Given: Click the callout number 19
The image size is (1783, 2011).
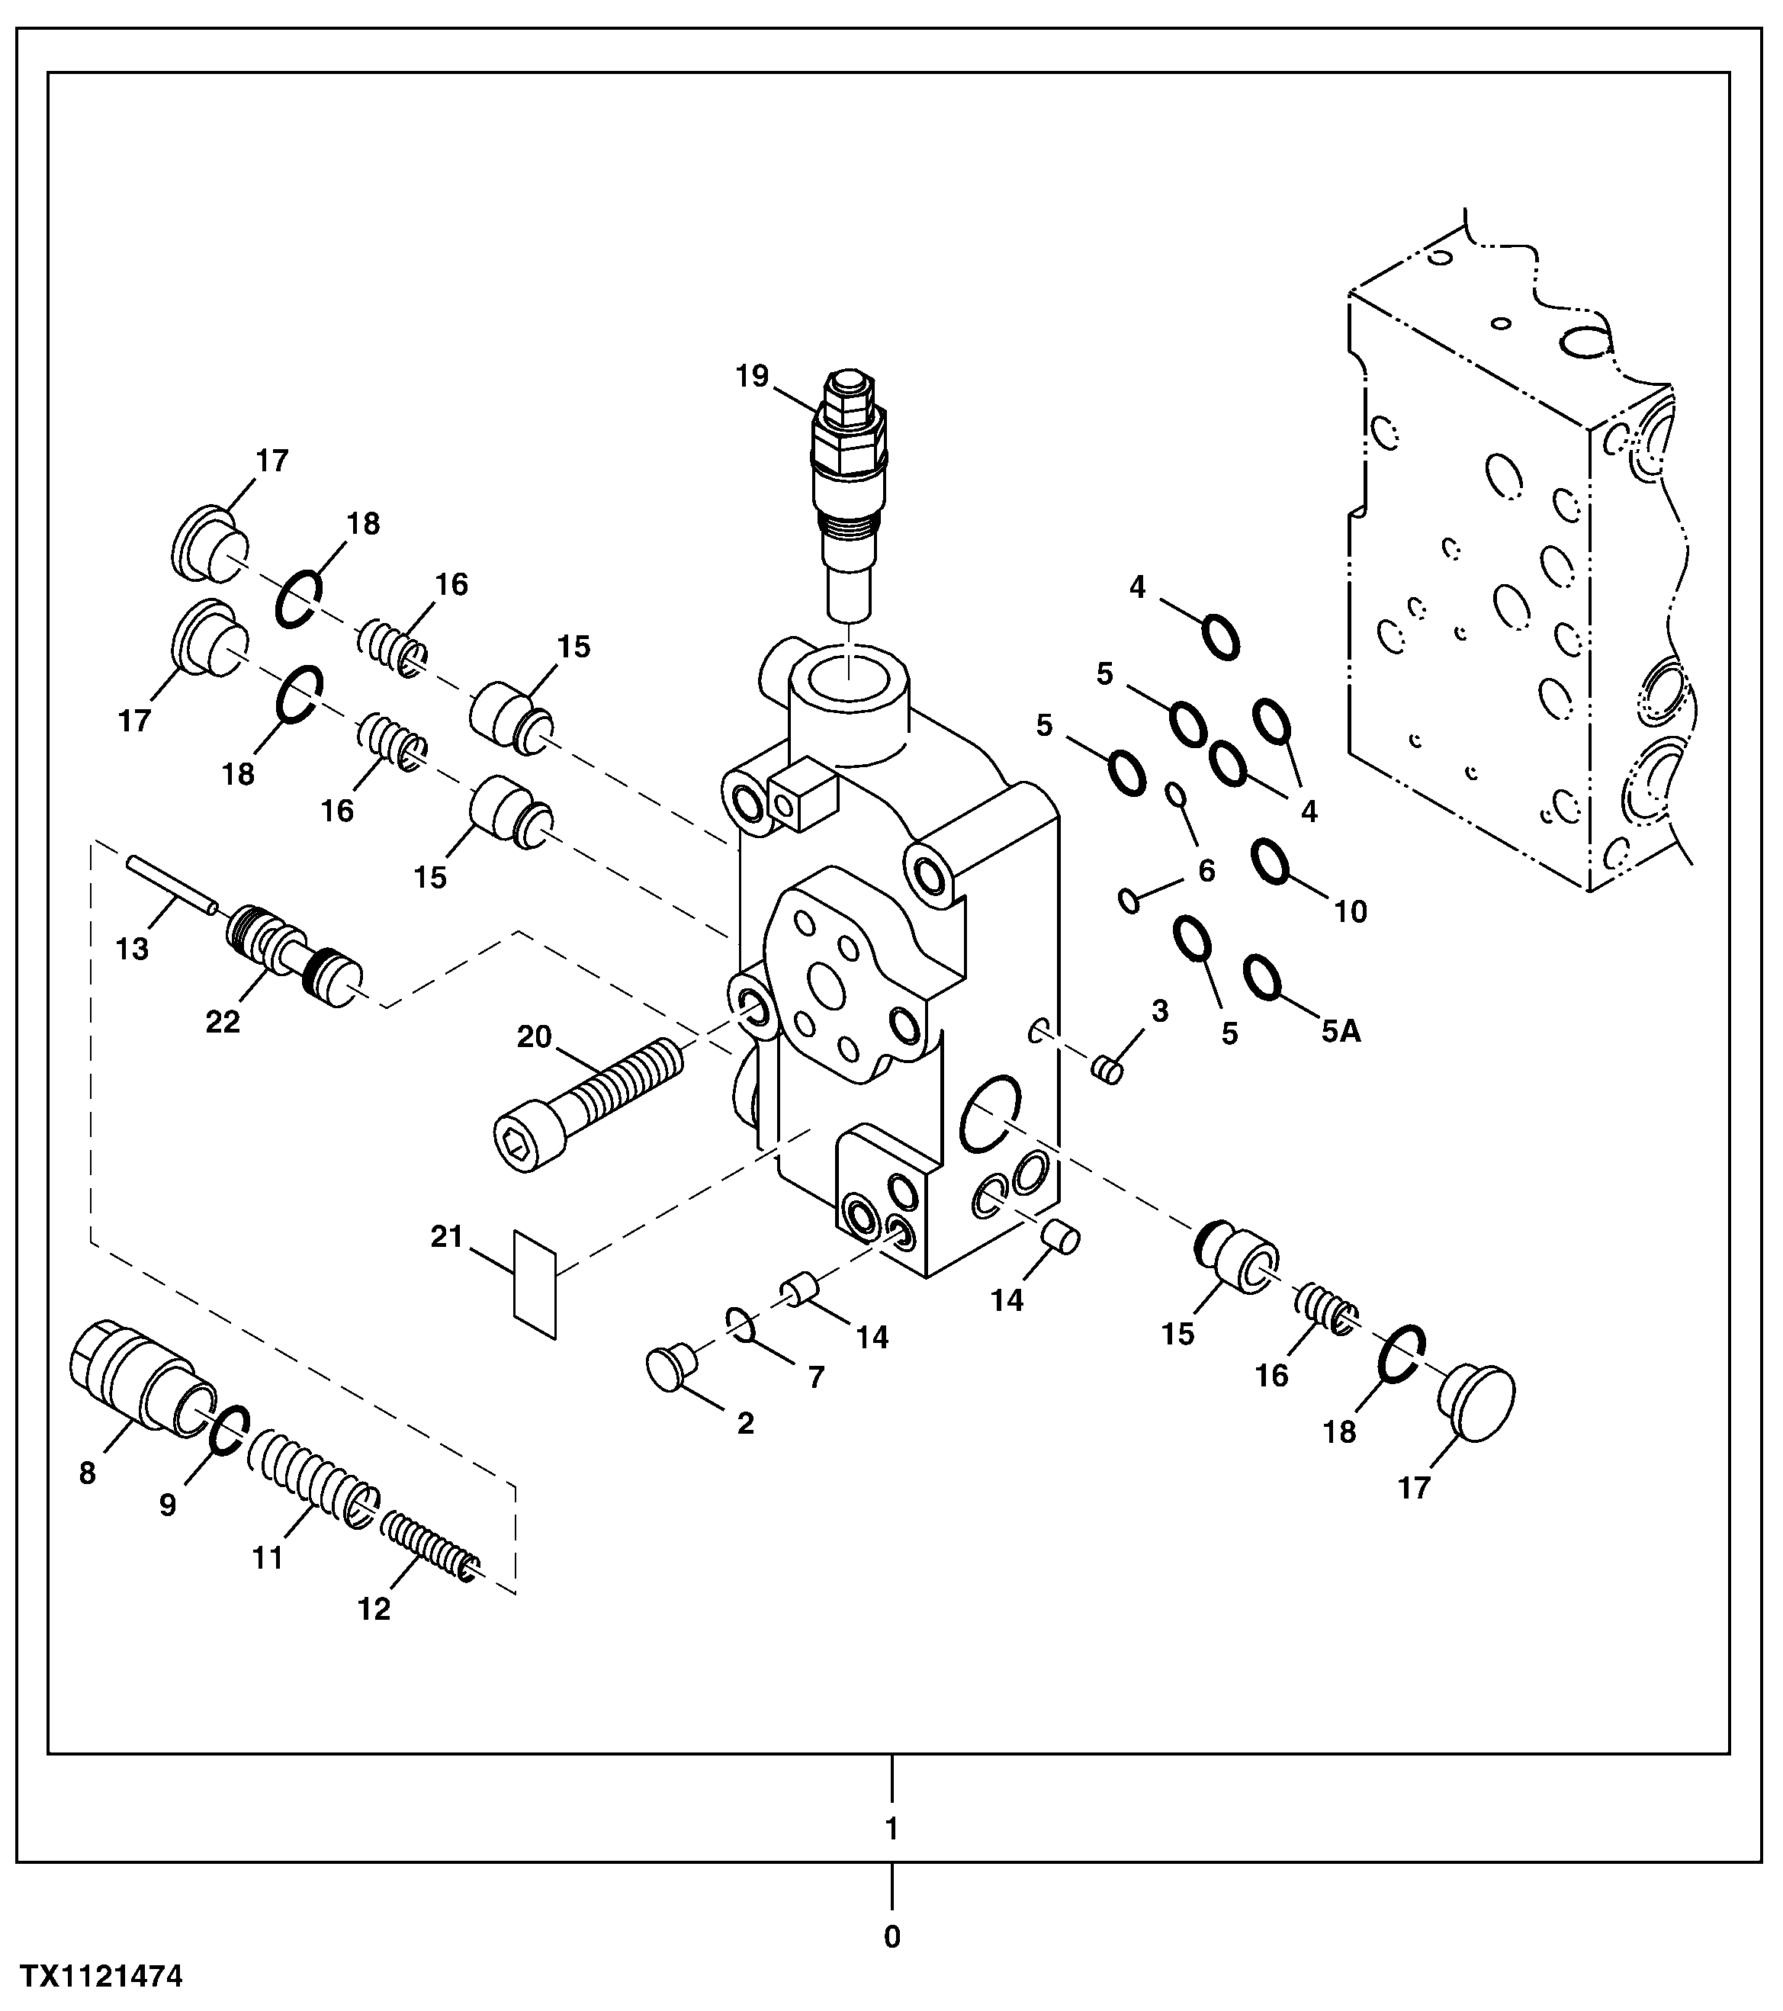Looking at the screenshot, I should pos(752,376).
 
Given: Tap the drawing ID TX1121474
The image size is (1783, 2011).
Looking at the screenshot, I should pos(102,1977).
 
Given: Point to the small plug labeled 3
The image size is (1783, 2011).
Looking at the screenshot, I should pos(1108,1068).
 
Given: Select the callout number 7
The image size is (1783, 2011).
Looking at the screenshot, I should pos(816,1377).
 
